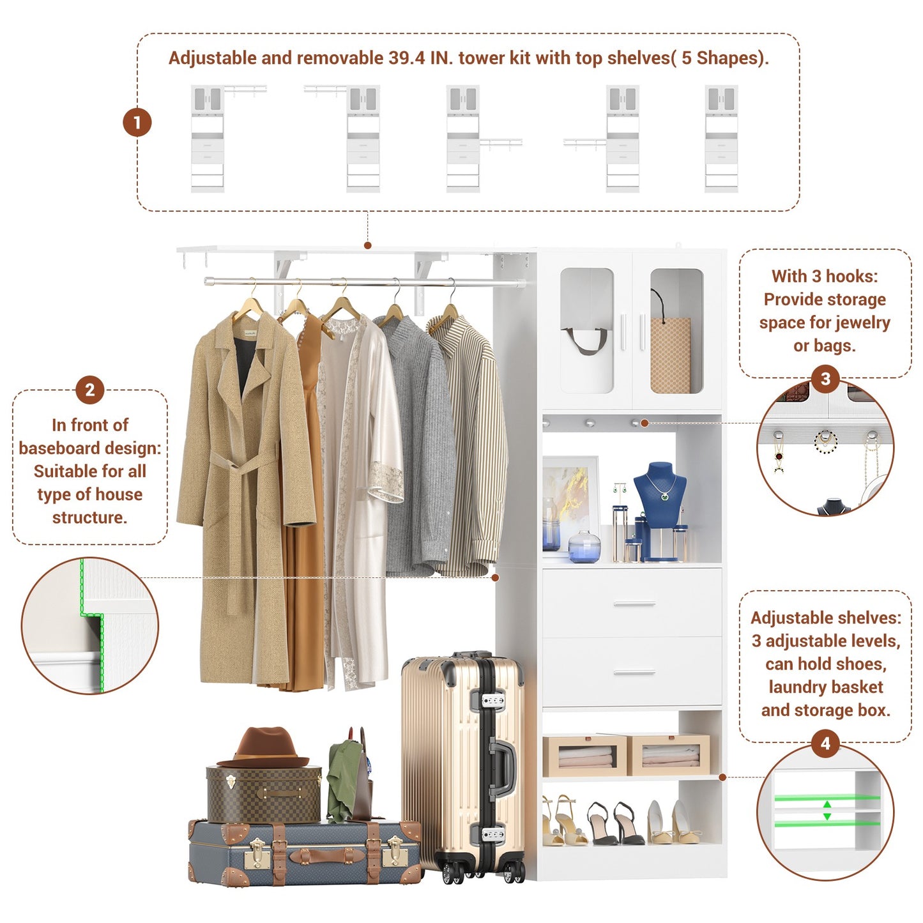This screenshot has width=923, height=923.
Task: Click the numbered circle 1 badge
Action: (x=137, y=123)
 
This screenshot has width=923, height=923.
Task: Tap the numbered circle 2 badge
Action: (x=89, y=390)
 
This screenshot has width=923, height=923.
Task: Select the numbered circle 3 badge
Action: (x=825, y=379)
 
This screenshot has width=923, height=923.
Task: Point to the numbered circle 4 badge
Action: (x=825, y=744)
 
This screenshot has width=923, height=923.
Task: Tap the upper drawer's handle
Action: (x=634, y=604)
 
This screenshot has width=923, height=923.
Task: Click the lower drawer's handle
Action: (x=634, y=672)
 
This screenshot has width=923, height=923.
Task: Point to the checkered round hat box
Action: (x=264, y=795)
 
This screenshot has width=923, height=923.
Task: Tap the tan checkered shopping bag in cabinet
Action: (x=670, y=355)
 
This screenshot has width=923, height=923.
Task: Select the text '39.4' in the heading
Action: (x=406, y=58)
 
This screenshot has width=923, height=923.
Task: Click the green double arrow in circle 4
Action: (x=827, y=811)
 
